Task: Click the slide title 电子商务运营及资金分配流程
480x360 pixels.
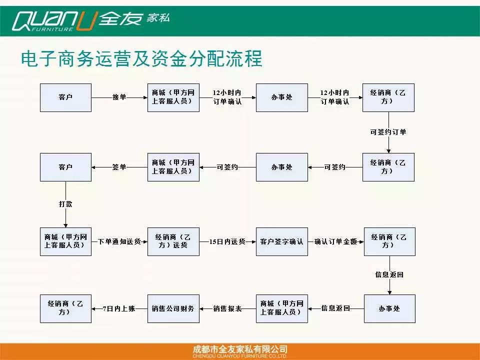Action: coord(141,58)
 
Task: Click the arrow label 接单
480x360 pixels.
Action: coord(119,97)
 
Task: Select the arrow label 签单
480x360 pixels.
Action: coord(119,167)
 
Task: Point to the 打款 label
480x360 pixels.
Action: coord(65,204)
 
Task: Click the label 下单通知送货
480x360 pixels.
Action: coord(119,241)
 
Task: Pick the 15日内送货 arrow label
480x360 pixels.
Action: coord(227,241)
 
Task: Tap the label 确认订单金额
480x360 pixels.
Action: coord(335,241)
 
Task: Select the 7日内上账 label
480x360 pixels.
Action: coord(119,308)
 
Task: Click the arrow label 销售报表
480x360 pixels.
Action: coord(227,308)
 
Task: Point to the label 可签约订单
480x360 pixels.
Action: coord(388,132)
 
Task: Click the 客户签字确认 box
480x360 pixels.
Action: coord(281,241)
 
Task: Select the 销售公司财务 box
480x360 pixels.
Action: coord(173,308)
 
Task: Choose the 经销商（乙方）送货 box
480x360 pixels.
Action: coord(173,241)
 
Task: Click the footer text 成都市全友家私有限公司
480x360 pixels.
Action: coord(240,349)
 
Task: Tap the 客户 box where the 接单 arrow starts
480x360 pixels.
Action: coord(65,97)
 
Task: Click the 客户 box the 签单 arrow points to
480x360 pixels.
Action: coord(65,167)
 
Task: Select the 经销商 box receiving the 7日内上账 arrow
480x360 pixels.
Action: coord(65,308)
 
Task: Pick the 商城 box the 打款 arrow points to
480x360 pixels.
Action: coord(65,241)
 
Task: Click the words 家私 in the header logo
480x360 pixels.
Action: coord(158,18)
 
